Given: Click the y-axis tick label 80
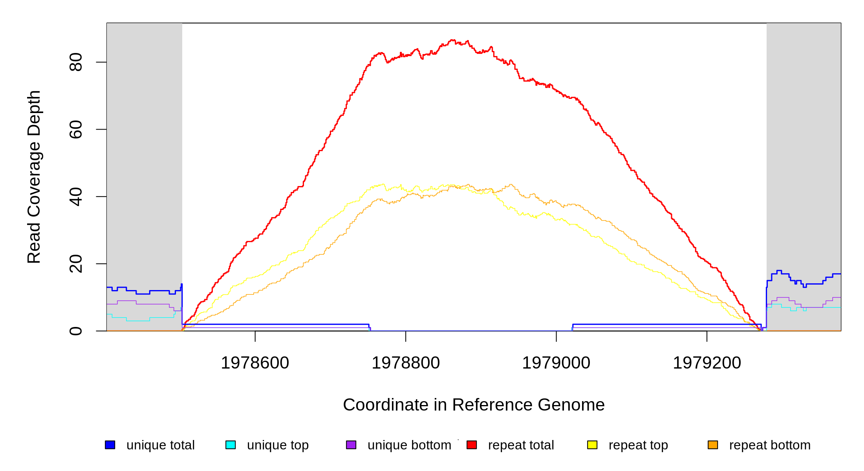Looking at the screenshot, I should tap(75, 62).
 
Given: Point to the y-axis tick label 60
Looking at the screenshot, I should tap(75, 130).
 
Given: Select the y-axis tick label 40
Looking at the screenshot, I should tap(75, 197).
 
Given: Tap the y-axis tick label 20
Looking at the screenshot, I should tap(75, 264).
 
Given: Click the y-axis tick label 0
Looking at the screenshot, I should tap(75, 331).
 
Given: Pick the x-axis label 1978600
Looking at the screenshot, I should tap(255, 363).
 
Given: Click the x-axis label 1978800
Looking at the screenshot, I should tap(406, 363).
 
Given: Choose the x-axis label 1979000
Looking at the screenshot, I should tap(556, 363).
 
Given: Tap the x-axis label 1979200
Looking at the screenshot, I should tap(707, 363).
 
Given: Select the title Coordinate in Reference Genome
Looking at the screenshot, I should tap(474, 405).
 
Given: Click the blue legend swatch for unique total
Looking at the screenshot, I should tap(110, 445).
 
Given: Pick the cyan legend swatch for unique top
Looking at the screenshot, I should tap(231, 445).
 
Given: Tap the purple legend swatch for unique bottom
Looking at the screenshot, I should tap(351, 445).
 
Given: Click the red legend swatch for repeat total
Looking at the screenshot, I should tap(472, 445).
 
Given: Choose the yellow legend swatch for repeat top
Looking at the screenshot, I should tap(592, 445).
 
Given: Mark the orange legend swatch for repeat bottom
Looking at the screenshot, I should tap(713, 445).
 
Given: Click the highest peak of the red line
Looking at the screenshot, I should tap(452, 40).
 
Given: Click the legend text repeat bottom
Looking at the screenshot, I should tap(770, 445).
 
